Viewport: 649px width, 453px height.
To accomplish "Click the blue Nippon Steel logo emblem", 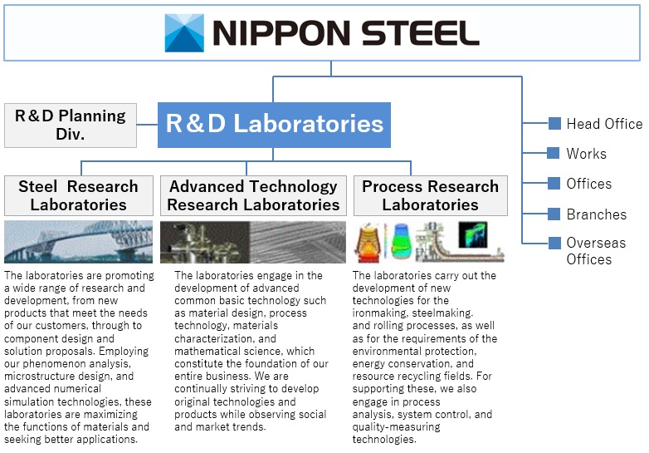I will [x=183, y=32].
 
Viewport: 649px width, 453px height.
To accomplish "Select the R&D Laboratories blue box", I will [x=274, y=125].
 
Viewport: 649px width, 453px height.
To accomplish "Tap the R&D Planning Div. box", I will [x=71, y=125].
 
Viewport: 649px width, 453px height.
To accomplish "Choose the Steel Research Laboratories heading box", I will [x=78, y=195].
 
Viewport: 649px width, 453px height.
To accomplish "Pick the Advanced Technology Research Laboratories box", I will [x=253, y=195].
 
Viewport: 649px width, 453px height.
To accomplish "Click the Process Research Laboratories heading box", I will [x=430, y=195].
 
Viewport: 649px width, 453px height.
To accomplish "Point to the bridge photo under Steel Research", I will [x=78, y=241].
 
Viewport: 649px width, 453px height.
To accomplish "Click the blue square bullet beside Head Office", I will [x=555, y=124].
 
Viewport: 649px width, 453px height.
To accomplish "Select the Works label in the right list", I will [x=586, y=154].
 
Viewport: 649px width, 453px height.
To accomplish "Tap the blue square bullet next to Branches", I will [x=555, y=214].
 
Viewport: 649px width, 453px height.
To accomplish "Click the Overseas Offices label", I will [x=596, y=251].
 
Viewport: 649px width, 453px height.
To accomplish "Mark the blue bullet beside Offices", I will [x=555, y=184].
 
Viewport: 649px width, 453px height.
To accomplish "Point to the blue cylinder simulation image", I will [x=402, y=242].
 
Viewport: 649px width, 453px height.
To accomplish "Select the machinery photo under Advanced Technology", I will [x=203, y=242].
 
